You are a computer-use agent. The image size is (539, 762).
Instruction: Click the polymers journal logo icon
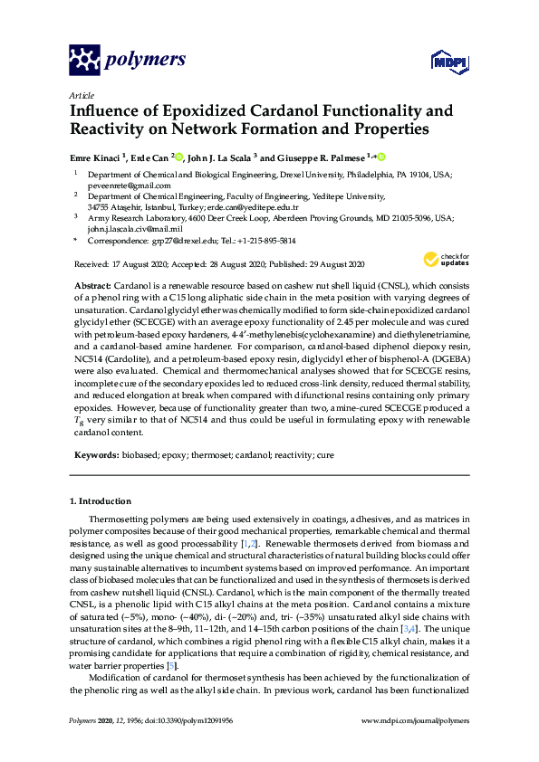pos(84,61)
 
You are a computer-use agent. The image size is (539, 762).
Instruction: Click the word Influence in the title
pos(108,111)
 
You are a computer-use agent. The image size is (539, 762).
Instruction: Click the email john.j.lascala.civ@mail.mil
pos(130,229)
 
